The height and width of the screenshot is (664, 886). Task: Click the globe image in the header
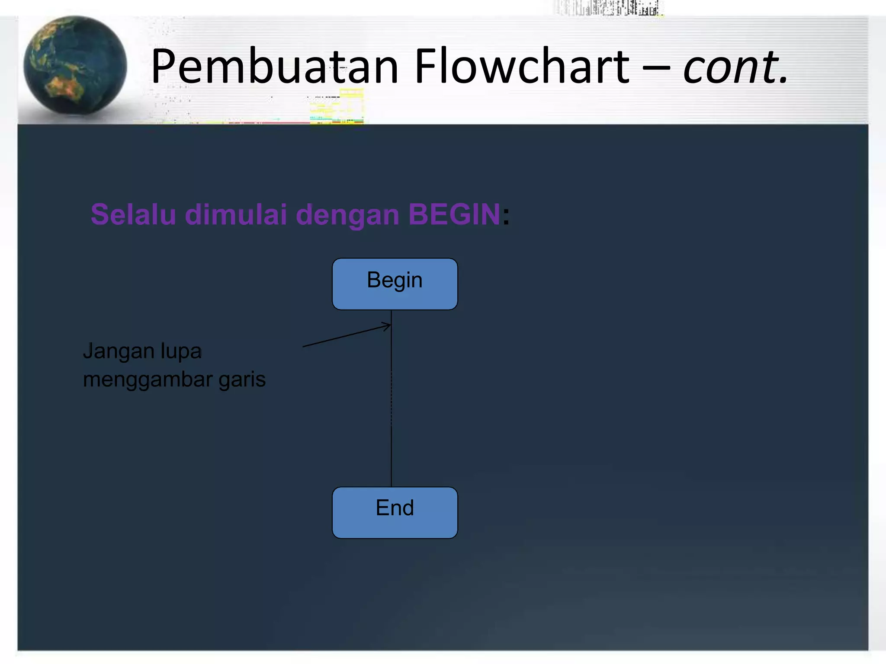75,66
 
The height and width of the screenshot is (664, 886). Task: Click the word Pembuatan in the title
274,67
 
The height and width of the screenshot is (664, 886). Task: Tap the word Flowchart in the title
522,67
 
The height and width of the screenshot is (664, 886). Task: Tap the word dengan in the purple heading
347,215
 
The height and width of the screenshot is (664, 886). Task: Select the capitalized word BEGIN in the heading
454,214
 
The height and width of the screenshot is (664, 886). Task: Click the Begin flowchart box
395,284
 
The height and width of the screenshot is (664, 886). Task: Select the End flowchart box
395,513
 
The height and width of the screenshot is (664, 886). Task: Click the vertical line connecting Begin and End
392,406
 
